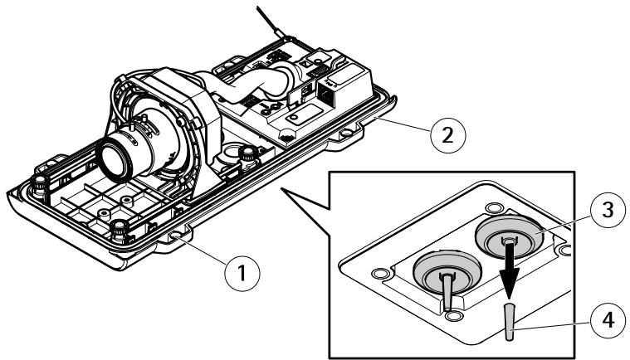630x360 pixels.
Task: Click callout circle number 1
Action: (x=242, y=274)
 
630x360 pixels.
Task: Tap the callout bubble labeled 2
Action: (x=448, y=135)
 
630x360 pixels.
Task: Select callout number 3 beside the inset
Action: (x=608, y=210)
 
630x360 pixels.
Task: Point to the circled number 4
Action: (x=608, y=321)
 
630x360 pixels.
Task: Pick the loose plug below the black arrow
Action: (x=510, y=322)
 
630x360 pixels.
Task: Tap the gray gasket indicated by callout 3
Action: (x=509, y=237)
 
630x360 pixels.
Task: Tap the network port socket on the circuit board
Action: (x=325, y=95)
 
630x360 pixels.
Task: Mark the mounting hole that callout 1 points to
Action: (x=175, y=237)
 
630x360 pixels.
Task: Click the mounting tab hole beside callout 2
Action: (x=345, y=133)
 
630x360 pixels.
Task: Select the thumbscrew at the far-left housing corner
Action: (x=38, y=187)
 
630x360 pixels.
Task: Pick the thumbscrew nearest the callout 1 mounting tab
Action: (x=119, y=231)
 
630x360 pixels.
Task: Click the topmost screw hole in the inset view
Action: (x=493, y=208)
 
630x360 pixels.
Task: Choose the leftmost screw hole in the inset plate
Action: (x=378, y=274)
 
